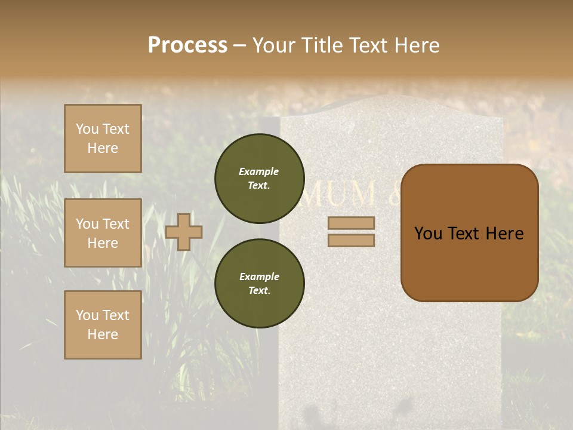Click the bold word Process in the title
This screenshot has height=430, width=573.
[x=187, y=45]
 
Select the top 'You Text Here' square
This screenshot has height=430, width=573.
[x=103, y=139]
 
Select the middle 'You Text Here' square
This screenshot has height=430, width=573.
[x=103, y=233]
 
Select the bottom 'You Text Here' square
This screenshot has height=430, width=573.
[x=103, y=325]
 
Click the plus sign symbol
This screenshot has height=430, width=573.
[x=184, y=232]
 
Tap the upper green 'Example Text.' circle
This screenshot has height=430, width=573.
[x=259, y=179]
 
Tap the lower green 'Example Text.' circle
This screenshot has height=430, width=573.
[x=259, y=284]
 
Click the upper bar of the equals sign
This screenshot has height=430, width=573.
[x=352, y=223]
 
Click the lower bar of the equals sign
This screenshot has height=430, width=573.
[x=352, y=240]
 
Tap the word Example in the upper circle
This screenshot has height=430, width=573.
[x=259, y=172]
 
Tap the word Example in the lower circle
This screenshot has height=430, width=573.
[x=259, y=277]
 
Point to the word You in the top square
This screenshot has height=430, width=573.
[x=87, y=129]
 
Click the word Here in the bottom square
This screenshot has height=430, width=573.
[x=103, y=334]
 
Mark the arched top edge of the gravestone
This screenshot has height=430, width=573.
[x=391, y=97]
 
